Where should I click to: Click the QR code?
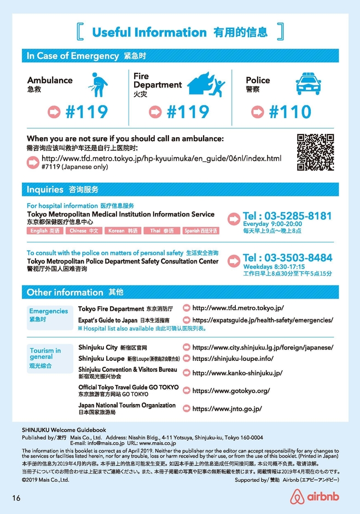pyautogui.click(x=315, y=151)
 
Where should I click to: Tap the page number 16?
pyautogui.click(x=16, y=498)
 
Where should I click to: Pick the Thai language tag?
pyautogui.click(x=161, y=231)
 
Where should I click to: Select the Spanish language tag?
pyautogui.click(x=200, y=231)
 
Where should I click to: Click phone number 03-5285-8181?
pyautogui.click(x=287, y=215)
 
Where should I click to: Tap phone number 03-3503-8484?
pyautogui.click(x=287, y=258)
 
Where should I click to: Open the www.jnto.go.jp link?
pyautogui.click(x=227, y=408)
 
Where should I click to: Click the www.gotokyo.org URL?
pyautogui.click(x=231, y=391)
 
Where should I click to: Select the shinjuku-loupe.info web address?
pyautogui.click(x=233, y=359)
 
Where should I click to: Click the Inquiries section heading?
pyautogui.click(x=45, y=190)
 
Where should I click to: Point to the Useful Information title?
pyautogui.click(x=149, y=32)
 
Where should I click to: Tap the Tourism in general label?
pyautogui.click(x=46, y=354)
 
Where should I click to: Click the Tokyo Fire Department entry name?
pyautogui.click(x=111, y=309)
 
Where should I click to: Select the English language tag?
pyautogui.click(x=46, y=231)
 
